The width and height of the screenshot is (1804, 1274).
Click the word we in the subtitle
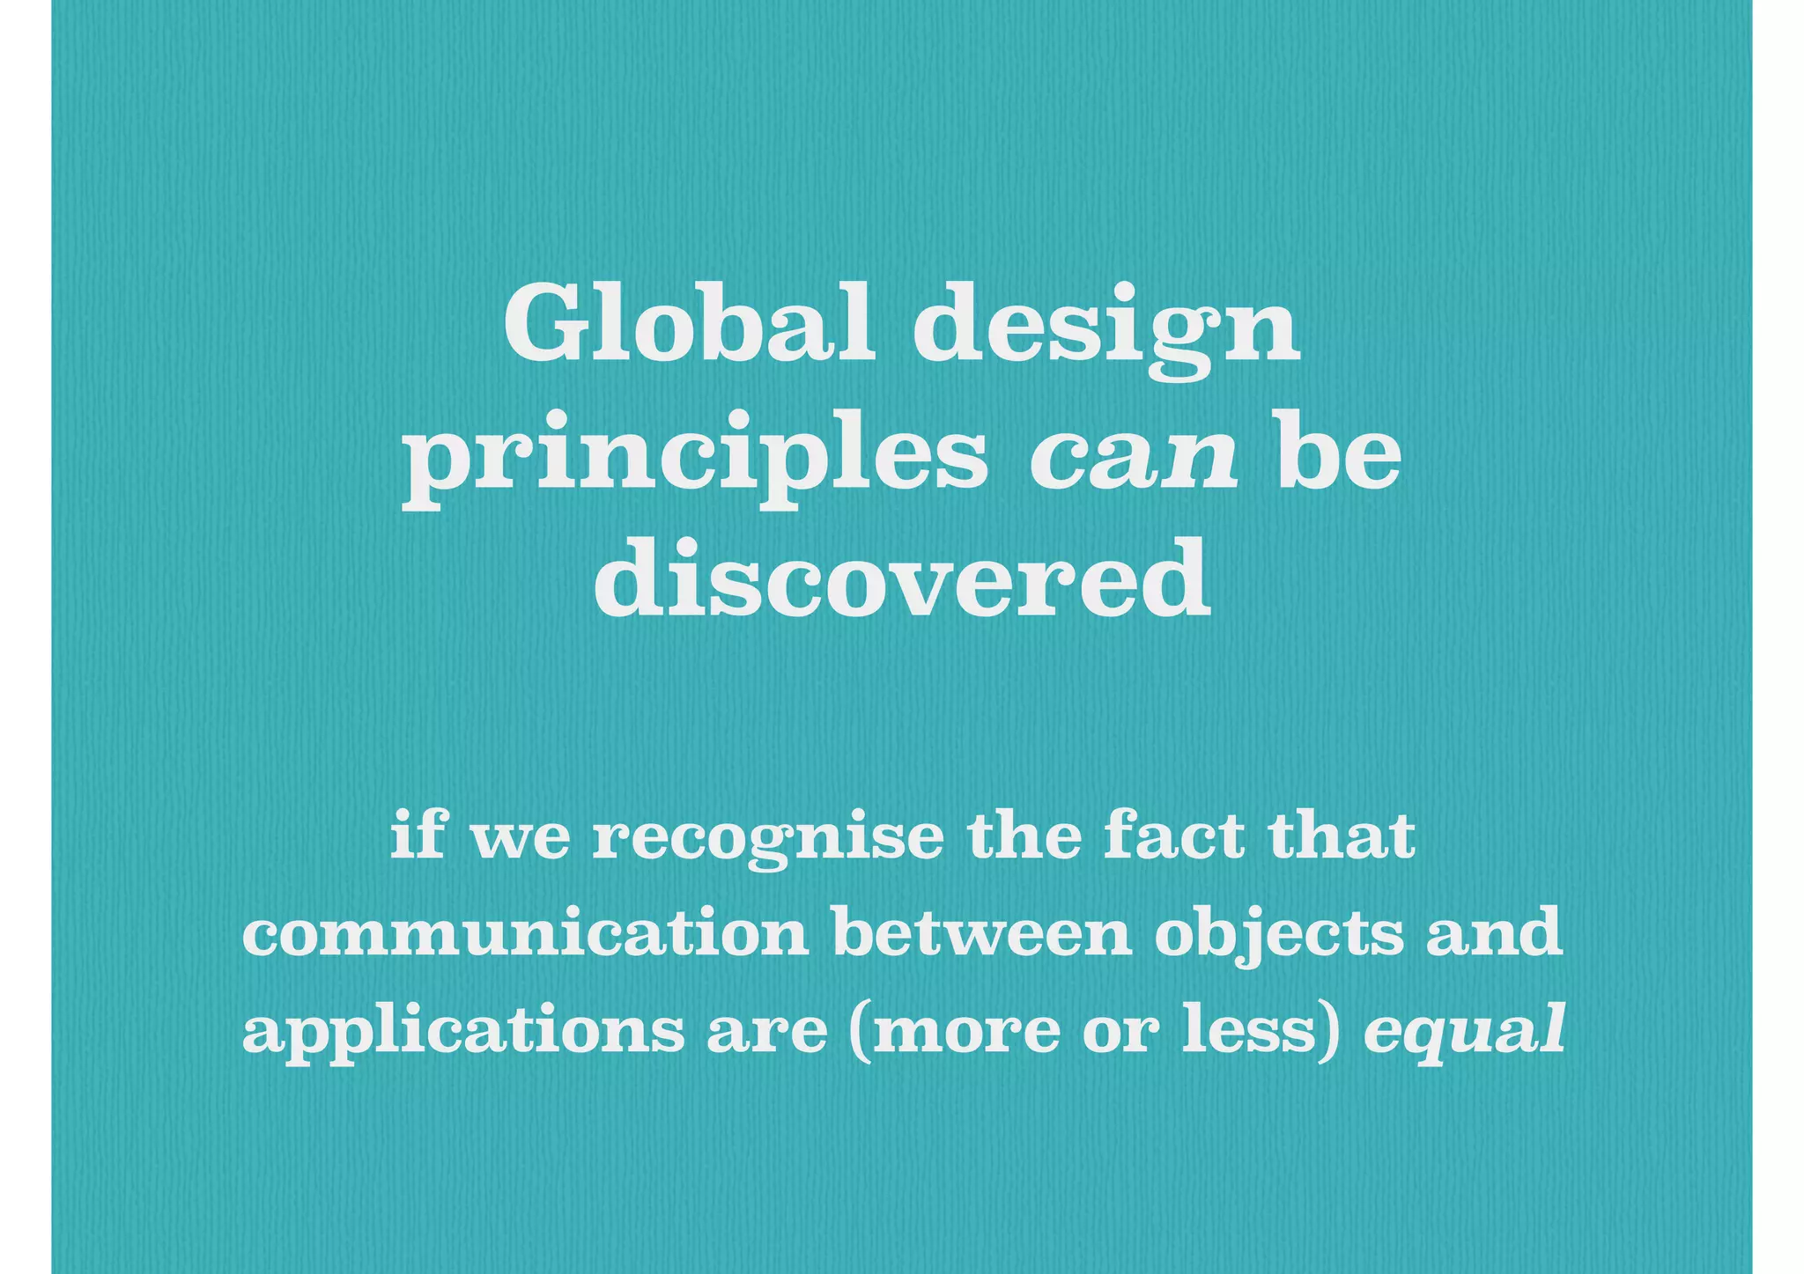tap(521, 841)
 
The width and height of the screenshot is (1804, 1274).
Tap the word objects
tap(1279, 936)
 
